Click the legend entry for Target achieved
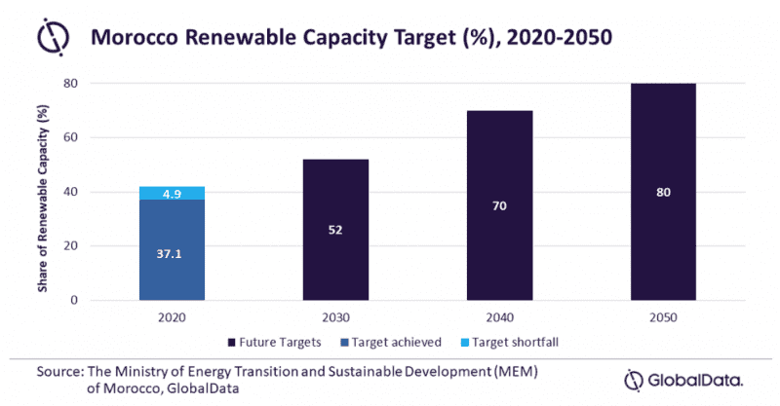tap(389, 341)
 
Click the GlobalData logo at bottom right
tap(682, 378)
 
